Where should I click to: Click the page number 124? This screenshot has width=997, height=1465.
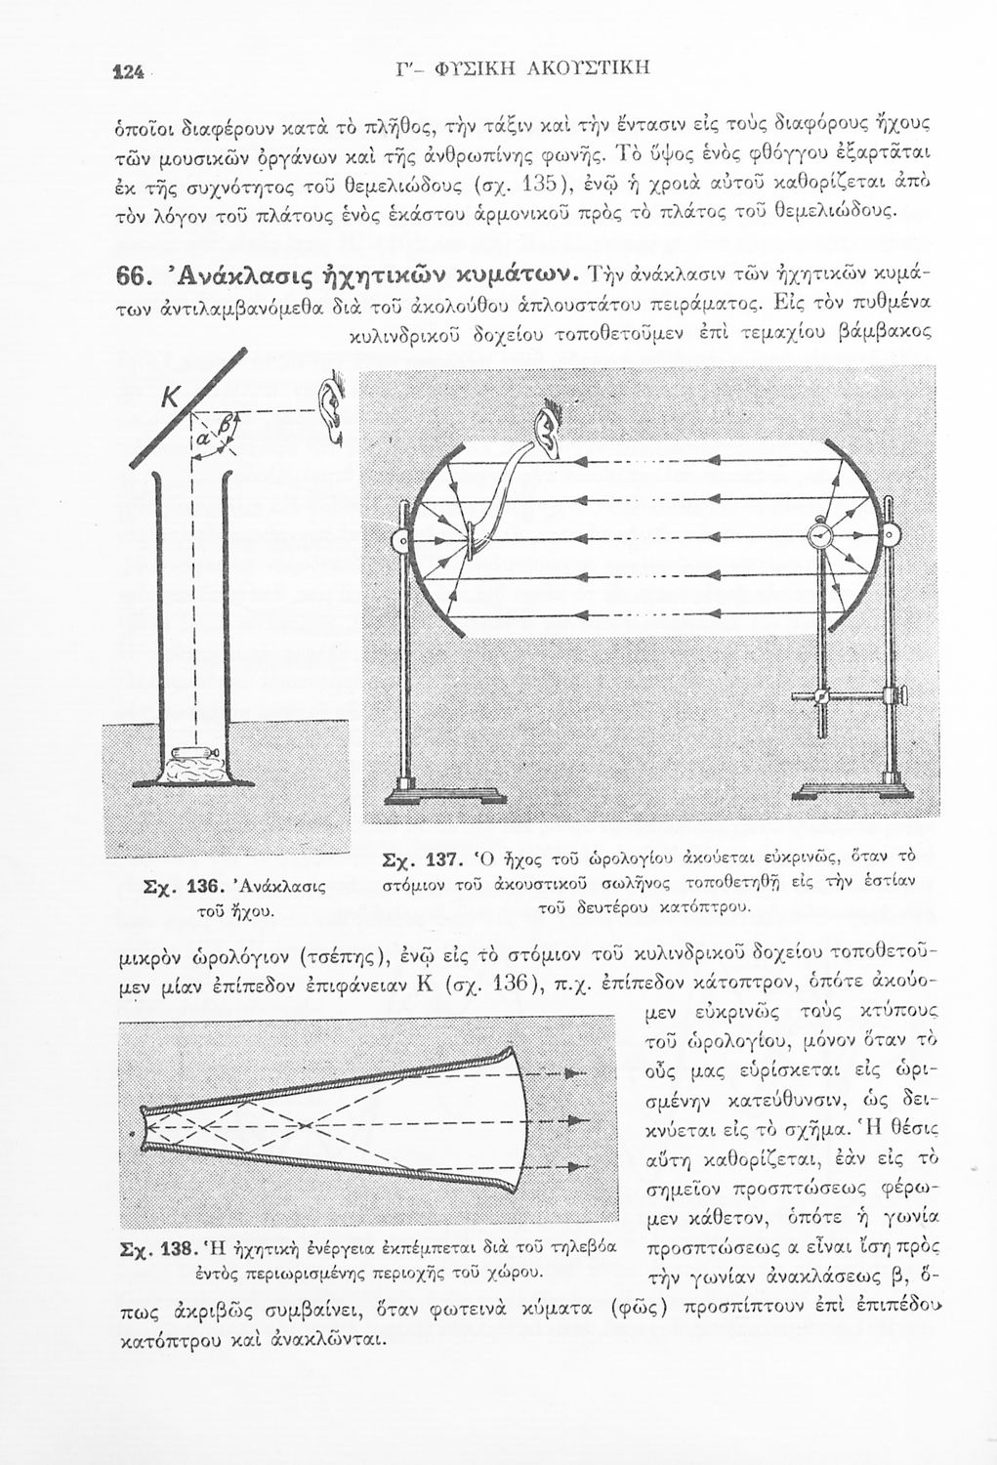coord(128,70)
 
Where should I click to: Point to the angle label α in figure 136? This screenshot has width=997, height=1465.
coord(202,443)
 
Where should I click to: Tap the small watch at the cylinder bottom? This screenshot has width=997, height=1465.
coord(195,752)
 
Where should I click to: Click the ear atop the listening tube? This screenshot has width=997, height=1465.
coord(548,431)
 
